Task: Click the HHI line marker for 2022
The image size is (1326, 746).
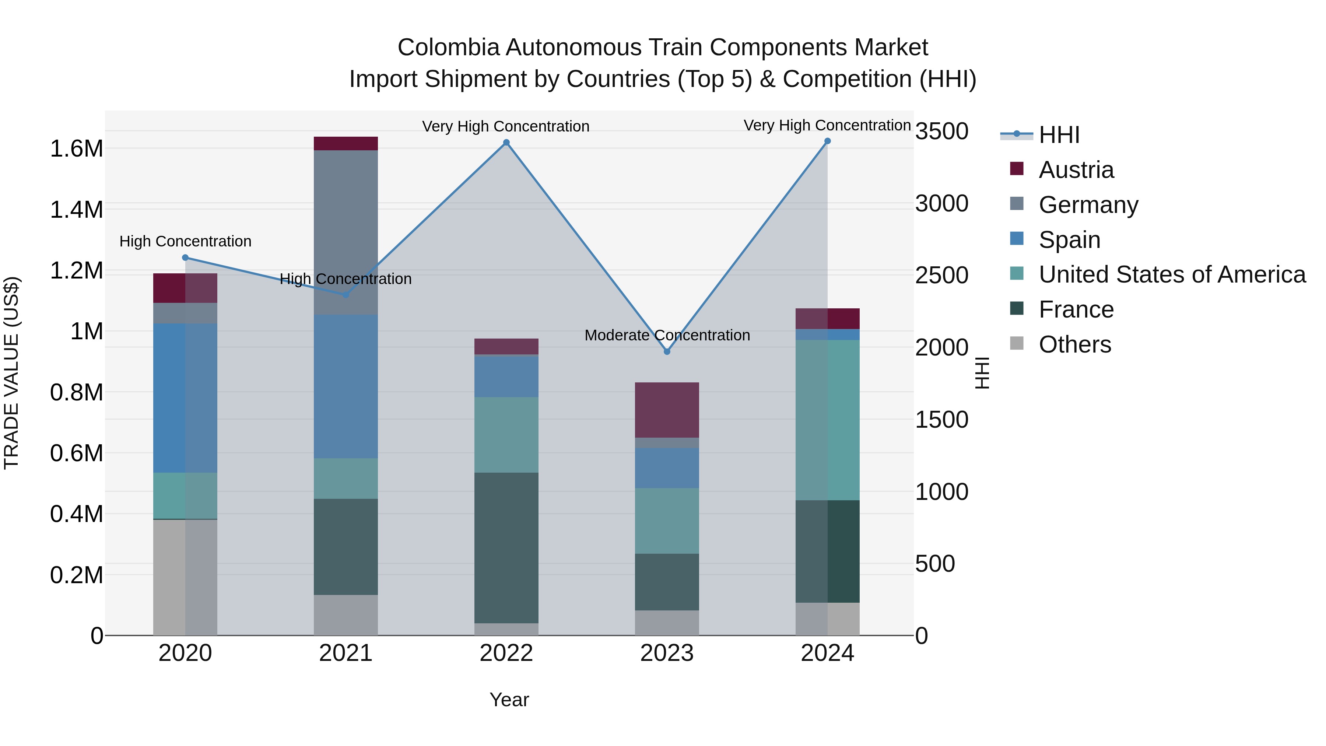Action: pyautogui.click(x=506, y=143)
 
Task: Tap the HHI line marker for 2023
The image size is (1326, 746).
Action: pyautogui.click(x=667, y=352)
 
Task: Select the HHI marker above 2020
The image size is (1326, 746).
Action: pyautogui.click(x=185, y=258)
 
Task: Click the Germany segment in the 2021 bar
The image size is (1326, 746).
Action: pyautogui.click(x=345, y=232)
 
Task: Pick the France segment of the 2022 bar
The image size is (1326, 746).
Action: pyautogui.click(x=506, y=548)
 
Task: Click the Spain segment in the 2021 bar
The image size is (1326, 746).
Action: pyautogui.click(x=345, y=386)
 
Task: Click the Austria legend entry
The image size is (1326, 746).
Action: pyautogui.click(x=1076, y=170)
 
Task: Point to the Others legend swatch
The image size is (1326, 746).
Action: pyautogui.click(x=1017, y=343)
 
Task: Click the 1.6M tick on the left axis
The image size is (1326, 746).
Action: pyautogui.click(x=76, y=149)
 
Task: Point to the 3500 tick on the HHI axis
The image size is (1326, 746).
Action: pyautogui.click(x=941, y=131)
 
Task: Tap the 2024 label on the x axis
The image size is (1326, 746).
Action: pyautogui.click(x=827, y=653)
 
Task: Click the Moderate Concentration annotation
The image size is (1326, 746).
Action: pyautogui.click(x=667, y=335)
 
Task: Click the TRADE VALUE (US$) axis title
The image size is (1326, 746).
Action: pyautogui.click(x=12, y=373)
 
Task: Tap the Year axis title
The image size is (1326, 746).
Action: pyautogui.click(x=509, y=700)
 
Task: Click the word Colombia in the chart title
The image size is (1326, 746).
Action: pyautogui.click(x=448, y=48)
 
